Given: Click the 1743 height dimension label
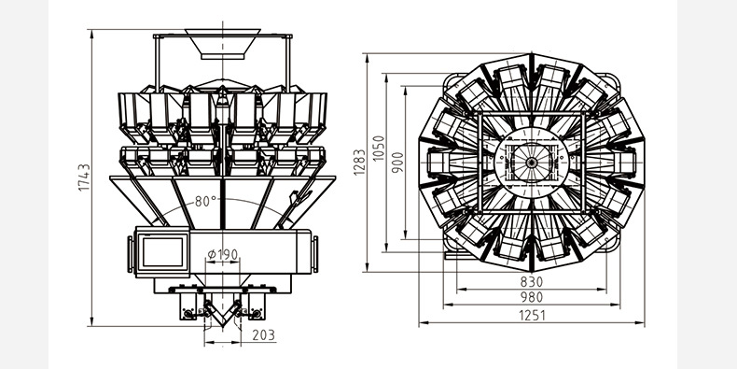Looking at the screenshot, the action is click(x=85, y=177).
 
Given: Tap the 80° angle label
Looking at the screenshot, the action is click(x=206, y=202).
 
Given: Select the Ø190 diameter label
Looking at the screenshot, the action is click(x=223, y=255).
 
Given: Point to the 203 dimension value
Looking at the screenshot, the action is click(x=264, y=335).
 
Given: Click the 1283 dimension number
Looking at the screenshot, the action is click(x=359, y=163).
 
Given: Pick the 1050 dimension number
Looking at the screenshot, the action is click(x=379, y=149).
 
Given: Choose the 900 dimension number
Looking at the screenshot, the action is click(x=397, y=163).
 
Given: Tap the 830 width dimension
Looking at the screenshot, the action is click(x=532, y=282).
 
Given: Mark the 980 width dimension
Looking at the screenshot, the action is click(x=532, y=297).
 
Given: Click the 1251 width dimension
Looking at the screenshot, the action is click(x=532, y=316).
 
